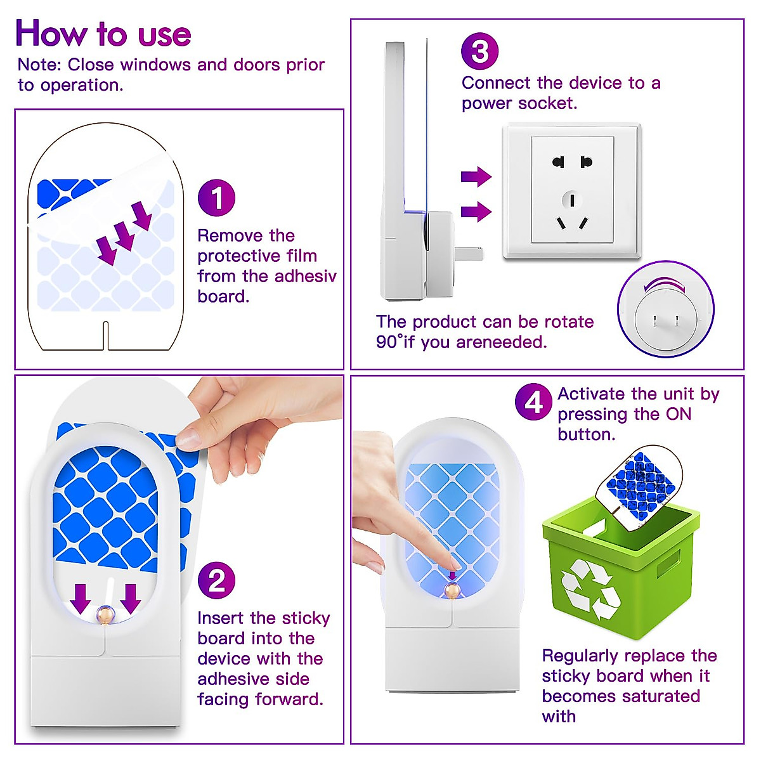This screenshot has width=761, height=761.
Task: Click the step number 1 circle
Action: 216,197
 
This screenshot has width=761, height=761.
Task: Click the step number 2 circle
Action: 216,580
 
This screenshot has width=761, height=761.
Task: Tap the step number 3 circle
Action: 480,51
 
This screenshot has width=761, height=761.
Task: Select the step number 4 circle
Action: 533,402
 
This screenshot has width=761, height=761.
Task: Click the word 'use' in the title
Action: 165,35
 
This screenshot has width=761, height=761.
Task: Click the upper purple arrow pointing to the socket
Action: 476,176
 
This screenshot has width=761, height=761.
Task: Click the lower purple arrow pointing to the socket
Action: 476,211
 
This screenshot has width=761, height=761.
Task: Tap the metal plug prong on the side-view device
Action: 469,253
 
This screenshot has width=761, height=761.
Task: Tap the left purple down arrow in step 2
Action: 80,599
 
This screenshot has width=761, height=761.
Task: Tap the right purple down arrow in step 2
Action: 131,599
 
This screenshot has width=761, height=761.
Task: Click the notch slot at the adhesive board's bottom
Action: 105,335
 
